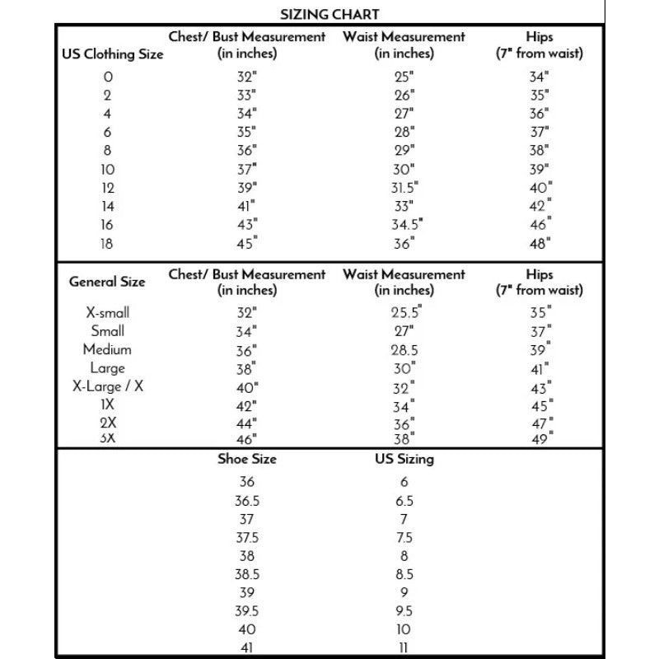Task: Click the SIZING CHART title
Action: pyautogui.click(x=329, y=13)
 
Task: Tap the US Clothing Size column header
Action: pyautogui.click(x=113, y=54)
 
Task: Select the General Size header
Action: pyautogui.click(x=107, y=282)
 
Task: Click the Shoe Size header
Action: pyautogui.click(x=247, y=460)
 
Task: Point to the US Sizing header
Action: pyautogui.click(x=404, y=460)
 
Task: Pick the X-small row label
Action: pyautogui.click(x=108, y=313)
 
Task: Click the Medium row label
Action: pyautogui.click(x=107, y=349)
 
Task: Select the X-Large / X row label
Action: pyautogui.click(x=108, y=386)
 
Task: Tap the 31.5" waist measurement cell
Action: pyautogui.click(x=404, y=188)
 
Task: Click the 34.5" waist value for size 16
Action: pyautogui.click(x=407, y=225)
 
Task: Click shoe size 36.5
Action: pyautogui.click(x=247, y=501)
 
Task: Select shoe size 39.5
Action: pyautogui.click(x=247, y=611)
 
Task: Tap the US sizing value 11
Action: pyautogui.click(x=404, y=648)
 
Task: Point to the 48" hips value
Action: pyautogui.click(x=540, y=243)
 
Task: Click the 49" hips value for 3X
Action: pyautogui.click(x=540, y=438)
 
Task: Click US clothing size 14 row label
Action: pyautogui.click(x=108, y=207)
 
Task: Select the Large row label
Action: pyautogui.click(x=107, y=368)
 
